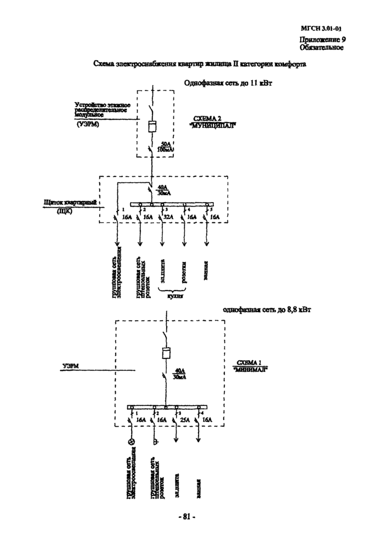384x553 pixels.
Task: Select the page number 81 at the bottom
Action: click(x=187, y=517)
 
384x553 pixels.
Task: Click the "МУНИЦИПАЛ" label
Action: click(x=211, y=125)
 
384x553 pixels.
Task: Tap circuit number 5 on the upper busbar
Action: click(x=210, y=210)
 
